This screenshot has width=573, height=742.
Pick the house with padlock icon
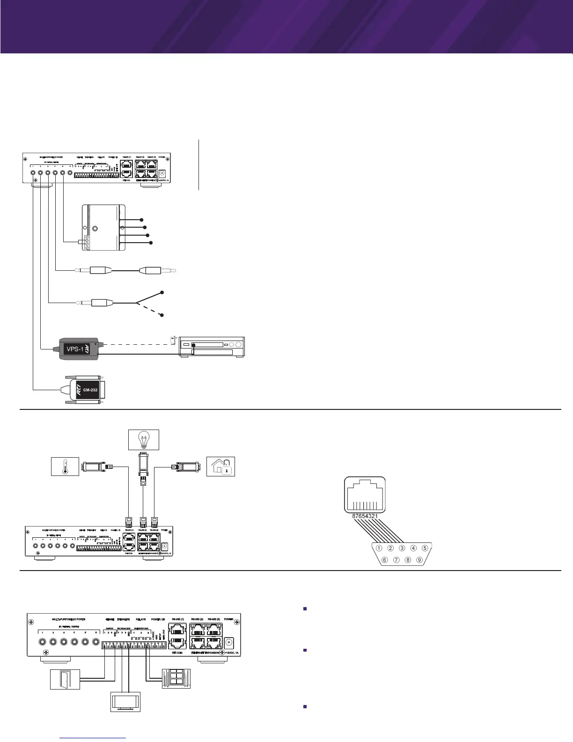coord(220,467)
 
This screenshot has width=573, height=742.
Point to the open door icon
coord(65,679)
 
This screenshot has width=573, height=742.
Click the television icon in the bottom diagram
coord(125,701)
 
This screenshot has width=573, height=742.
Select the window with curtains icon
coord(176,679)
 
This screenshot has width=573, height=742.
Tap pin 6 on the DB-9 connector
coord(384,559)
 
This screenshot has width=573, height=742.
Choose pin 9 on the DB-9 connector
coord(419,559)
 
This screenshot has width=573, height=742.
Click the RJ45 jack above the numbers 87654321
coord(365,494)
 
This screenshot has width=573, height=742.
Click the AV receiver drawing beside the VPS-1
coord(212,347)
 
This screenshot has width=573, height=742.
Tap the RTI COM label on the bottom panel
coord(177,652)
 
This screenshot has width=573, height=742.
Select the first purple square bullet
coord(305,609)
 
